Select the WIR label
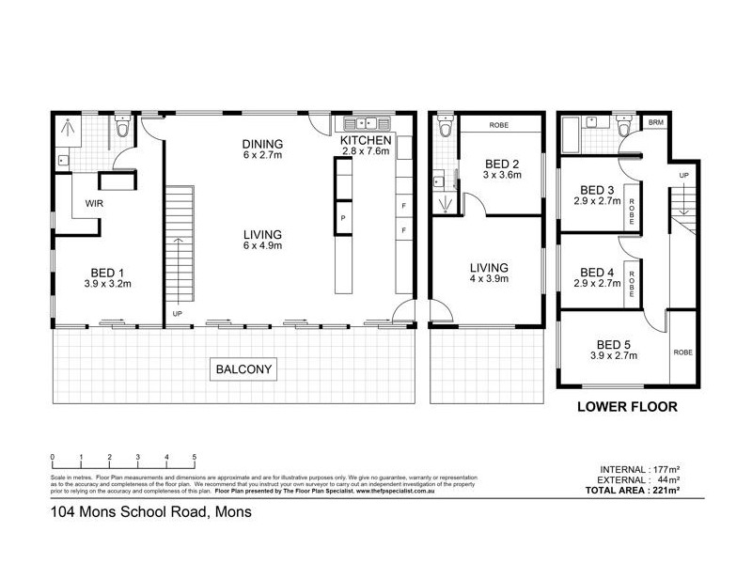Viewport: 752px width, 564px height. [93, 201]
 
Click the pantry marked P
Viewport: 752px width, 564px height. [341, 218]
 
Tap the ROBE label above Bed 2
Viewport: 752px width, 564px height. [499, 124]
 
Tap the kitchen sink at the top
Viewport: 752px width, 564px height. [364, 123]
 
